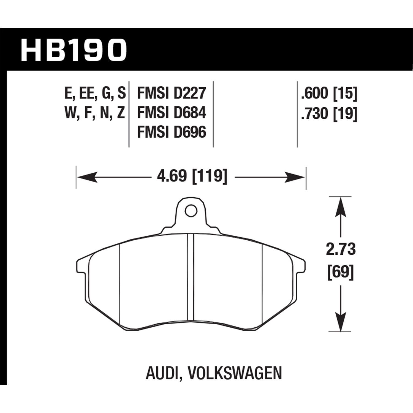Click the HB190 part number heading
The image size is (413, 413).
74,50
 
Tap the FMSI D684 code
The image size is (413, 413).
171,113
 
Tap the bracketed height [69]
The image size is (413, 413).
341,272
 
